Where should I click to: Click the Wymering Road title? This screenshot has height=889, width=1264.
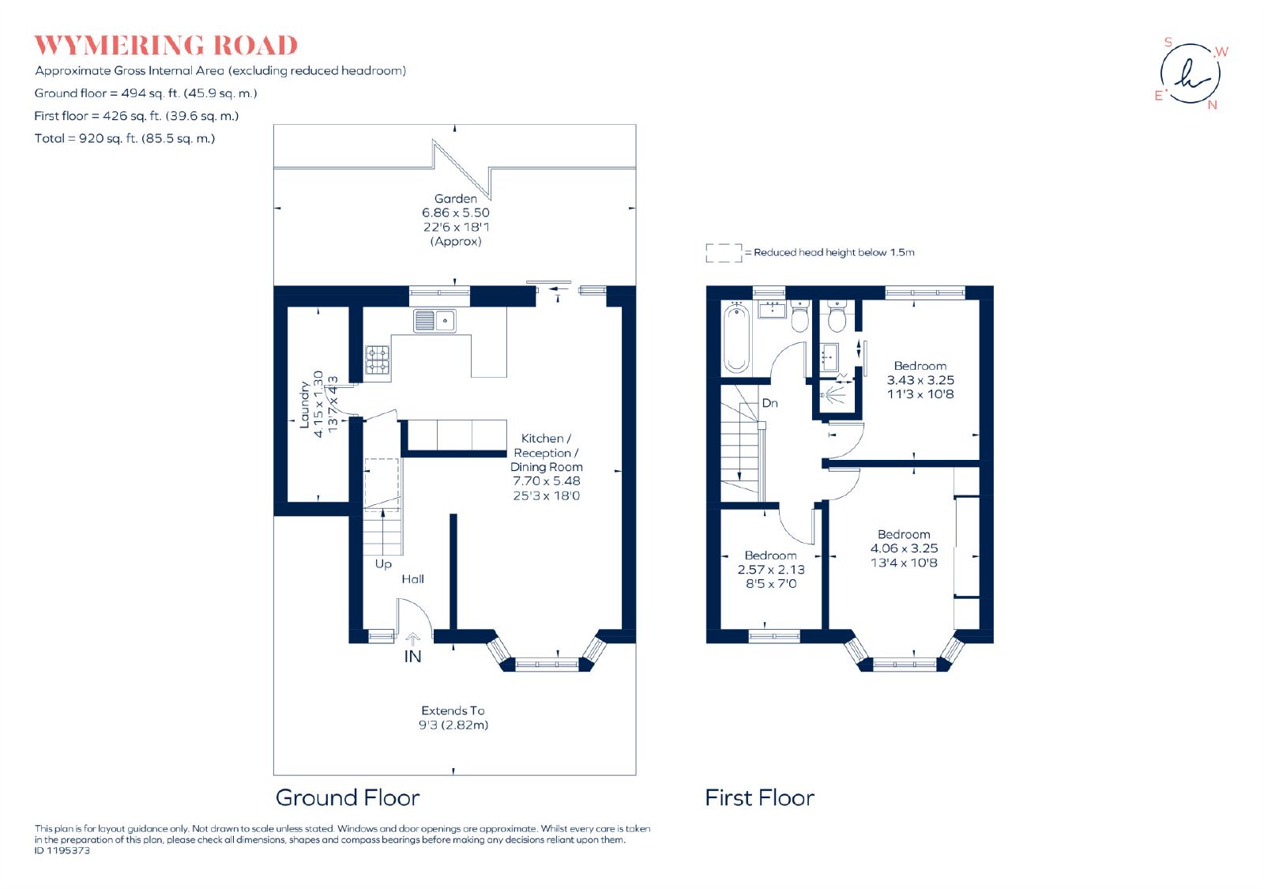click(x=165, y=46)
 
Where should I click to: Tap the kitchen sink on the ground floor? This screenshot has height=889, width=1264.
click(x=434, y=321)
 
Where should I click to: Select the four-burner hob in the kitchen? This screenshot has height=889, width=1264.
click(x=377, y=360)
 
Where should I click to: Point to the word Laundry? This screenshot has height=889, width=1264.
click(x=304, y=405)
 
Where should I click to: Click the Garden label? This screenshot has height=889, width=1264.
click(x=455, y=198)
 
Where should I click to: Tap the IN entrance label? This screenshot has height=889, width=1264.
click(x=412, y=657)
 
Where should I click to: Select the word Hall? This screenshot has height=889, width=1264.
click(x=412, y=579)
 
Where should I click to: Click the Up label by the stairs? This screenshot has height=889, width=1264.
click(x=383, y=564)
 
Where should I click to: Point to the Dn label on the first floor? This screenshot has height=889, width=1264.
click(x=769, y=403)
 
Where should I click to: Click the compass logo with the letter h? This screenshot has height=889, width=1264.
click(x=1190, y=73)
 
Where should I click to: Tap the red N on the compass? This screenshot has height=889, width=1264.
click(x=1212, y=105)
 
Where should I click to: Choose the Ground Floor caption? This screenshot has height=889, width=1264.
click(x=348, y=797)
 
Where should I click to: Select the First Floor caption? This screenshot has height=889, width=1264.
click(x=759, y=797)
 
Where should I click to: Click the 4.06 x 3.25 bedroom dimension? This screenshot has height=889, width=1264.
click(x=904, y=548)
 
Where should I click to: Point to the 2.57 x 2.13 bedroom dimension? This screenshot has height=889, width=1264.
click(x=771, y=570)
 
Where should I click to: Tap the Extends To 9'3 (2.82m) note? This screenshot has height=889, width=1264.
click(x=453, y=718)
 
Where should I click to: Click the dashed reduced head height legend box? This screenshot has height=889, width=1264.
click(x=724, y=253)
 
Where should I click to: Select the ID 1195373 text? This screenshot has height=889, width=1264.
click(x=62, y=850)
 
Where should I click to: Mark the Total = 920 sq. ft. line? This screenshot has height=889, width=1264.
click(x=125, y=138)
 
